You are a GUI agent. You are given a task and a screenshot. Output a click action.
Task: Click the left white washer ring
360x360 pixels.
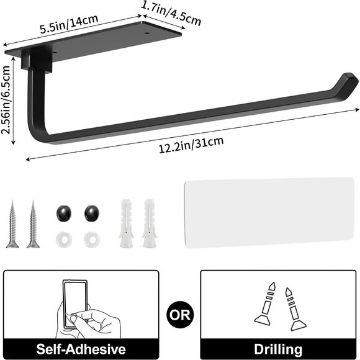63,238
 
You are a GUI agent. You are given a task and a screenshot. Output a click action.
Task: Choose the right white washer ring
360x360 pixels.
92,238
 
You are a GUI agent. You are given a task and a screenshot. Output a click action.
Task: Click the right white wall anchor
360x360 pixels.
149,223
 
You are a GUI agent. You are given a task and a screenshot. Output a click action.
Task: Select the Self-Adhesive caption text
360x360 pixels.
81,349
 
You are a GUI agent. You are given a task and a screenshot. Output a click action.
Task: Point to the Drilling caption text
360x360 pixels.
279,349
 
